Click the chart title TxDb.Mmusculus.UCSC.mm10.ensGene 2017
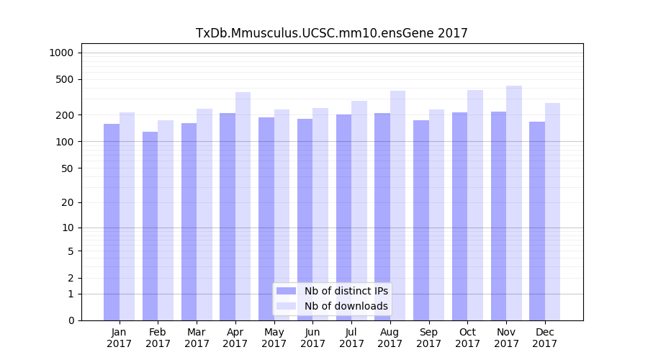pos(332,33)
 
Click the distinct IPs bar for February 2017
pos(150,226)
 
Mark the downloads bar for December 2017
pos(553,212)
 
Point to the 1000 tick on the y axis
pos(61,53)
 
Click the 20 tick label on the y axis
pos(67,202)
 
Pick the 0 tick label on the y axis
pos(70,320)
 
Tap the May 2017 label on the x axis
pos(274,338)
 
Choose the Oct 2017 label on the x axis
pos(467,338)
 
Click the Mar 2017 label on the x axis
pos(197,338)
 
